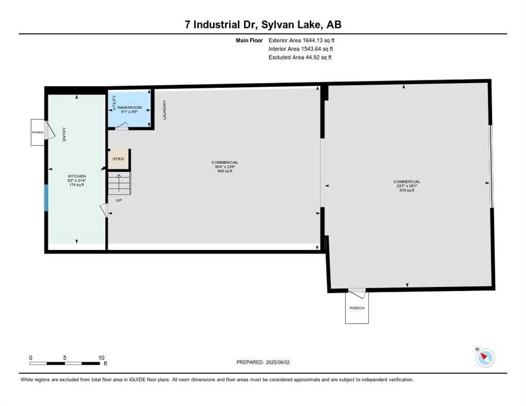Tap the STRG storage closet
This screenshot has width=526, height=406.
coord(119,159)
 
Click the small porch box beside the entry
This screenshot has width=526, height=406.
coord(38,132)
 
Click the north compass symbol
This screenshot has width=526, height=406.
coord(485,358)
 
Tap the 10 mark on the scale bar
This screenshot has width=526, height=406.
coord(101,357)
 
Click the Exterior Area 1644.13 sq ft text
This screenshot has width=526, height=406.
coord(301,40)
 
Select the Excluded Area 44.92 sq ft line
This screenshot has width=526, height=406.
coord(300,58)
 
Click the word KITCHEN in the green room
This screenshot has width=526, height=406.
coord(77,176)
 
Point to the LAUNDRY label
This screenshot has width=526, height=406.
coord(165,110)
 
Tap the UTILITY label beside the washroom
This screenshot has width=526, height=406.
coord(114,103)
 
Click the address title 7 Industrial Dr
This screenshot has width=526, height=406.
coord(263,25)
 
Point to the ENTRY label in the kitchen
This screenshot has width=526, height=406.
coord(65,135)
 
